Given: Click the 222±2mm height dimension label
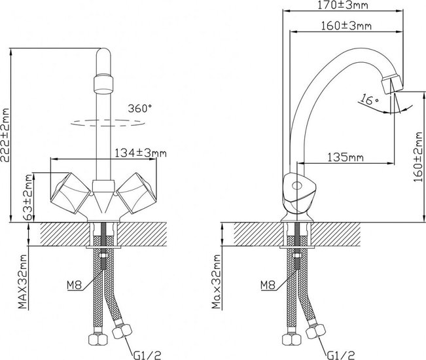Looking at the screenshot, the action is pyautogui.click(x=5, y=135).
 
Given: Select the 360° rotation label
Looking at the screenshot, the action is pyautogui.click(x=140, y=109).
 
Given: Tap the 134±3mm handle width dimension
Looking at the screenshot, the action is pyautogui.click(x=141, y=153).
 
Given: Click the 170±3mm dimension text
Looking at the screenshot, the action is pyautogui.click(x=343, y=5).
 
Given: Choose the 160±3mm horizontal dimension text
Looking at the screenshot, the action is pyautogui.click(x=346, y=26).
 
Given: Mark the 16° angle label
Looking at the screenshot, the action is pyautogui.click(x=370, y=99).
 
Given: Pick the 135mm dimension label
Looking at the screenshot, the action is pyautogui.click(x=346, y=157).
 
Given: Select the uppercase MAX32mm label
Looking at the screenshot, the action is pyautogui.click(x=24, y=281).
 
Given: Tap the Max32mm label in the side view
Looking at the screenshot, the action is pyautogui.click(x=216, y=281).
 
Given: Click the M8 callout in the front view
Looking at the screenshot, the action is pyautogui.click(x=74, y=285).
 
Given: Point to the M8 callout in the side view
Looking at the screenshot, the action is pyautogui.click(x=268, y=285).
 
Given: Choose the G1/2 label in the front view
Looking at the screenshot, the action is pyautogui.click(x=147, y=355).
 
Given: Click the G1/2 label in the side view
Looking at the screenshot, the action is pyautogui.click(x=341, y=355).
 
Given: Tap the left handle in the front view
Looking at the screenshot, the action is pyautogui.click(x=71, y=193).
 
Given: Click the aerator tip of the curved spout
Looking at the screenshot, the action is pyautogui.click(x=392, y=84).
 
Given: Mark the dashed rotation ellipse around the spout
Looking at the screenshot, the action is pyautogui.click(x=108, y=123).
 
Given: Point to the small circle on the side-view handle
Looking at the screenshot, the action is pyautogui.click(x=296, y=187).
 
